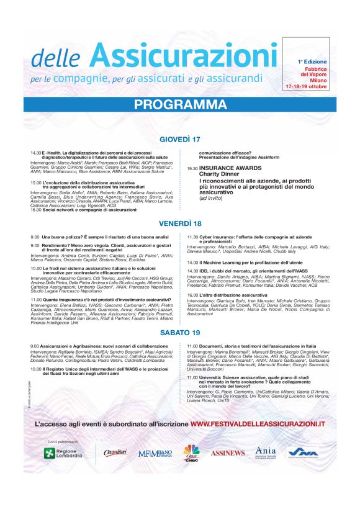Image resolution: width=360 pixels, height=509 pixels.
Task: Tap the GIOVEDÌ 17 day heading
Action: pos(180,138)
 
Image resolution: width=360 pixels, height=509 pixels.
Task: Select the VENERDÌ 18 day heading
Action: pos(180,223)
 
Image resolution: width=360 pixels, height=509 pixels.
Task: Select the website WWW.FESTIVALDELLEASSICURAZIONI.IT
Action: pos(258,423)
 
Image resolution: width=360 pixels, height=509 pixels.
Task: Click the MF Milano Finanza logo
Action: pos(155,453)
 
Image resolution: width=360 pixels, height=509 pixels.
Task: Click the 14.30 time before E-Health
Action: pos(35,153)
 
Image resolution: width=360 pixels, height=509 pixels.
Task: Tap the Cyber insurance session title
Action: pos(241,237)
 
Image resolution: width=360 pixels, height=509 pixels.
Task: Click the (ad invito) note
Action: pos(211,199)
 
